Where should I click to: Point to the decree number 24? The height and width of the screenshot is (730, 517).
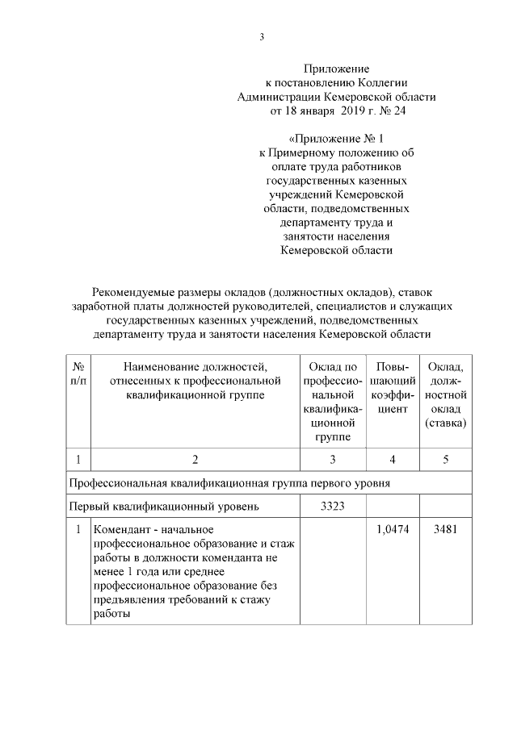pos(399,111)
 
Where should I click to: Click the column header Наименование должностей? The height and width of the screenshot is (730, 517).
pos(195,367)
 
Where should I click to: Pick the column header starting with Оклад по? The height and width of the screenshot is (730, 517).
pos(332,367)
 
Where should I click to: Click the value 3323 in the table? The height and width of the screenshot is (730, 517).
pos(332,507)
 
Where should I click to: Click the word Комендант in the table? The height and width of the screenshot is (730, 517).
pos(120,529)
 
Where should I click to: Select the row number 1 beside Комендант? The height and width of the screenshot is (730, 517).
pos(78,529)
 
